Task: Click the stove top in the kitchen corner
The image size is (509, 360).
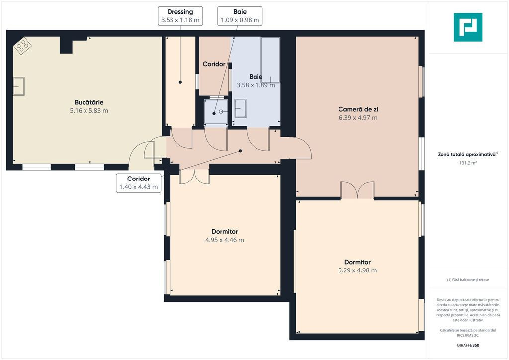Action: [22, 46]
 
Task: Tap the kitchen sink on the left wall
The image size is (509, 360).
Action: [19, 86]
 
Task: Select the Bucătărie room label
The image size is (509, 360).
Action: [89, 102]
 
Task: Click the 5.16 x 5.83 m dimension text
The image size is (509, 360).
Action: [89, 111]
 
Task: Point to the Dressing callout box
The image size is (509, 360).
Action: [180, 16]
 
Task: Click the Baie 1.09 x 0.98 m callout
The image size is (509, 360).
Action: [240, 16]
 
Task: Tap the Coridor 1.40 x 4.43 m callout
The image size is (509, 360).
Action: [139, 183]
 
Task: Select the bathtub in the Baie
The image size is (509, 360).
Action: [270, 60]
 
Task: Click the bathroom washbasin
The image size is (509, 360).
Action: [240, 108]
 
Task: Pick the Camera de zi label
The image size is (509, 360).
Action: [358, 109]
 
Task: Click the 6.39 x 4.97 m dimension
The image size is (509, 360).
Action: [358, 118]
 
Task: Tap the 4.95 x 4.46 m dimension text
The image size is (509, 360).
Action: [225, 240]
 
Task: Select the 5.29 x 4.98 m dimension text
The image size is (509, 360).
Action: [358, 270]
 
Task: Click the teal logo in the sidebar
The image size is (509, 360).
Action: [468, 27]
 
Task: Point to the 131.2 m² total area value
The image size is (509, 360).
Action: [468, 163]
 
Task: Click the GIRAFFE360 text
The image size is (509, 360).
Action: [468, 345]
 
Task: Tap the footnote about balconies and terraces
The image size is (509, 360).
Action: [468, 280]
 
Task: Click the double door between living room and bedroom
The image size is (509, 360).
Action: [357, 190]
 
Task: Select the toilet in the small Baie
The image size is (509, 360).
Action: [216, 112]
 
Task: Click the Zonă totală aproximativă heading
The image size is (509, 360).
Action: [468, 154]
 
